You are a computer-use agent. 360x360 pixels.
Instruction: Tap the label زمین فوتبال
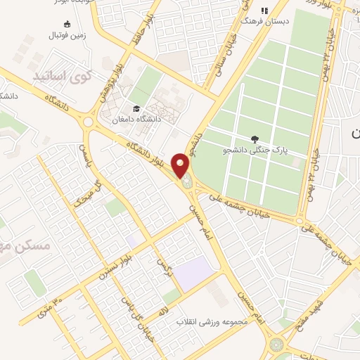coord(67,34)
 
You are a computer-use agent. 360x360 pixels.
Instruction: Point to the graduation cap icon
coord(134,108)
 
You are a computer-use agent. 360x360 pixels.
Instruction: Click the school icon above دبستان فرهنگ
coord(264,11)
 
